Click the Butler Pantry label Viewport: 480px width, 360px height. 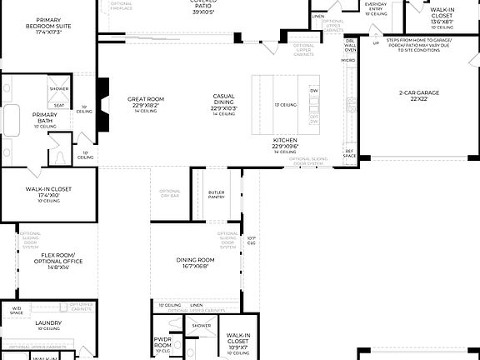pos(217,195)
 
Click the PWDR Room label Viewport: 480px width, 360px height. pos(162,342)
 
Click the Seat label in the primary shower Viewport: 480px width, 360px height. pos(59,105)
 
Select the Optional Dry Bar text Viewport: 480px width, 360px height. pos(169,194)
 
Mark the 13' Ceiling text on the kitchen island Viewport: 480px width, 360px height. pos(286,105)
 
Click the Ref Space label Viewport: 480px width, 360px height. pos(350,154)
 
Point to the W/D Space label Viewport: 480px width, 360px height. pos(16,311)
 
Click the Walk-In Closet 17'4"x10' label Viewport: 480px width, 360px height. pos(48,192)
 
